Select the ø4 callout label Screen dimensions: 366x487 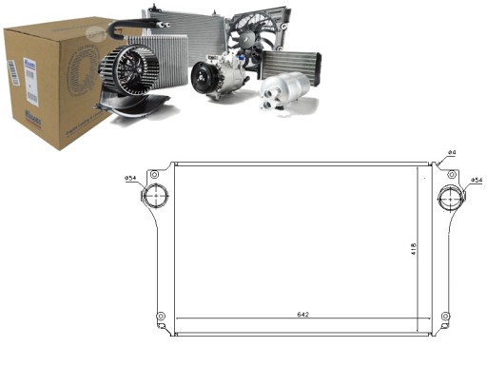[x=453, y=153]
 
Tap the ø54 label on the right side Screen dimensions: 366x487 [x=475, y=178]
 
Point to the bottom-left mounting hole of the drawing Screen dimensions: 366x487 [x=162, y=316]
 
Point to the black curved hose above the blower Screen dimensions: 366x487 [x=124, y=38]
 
